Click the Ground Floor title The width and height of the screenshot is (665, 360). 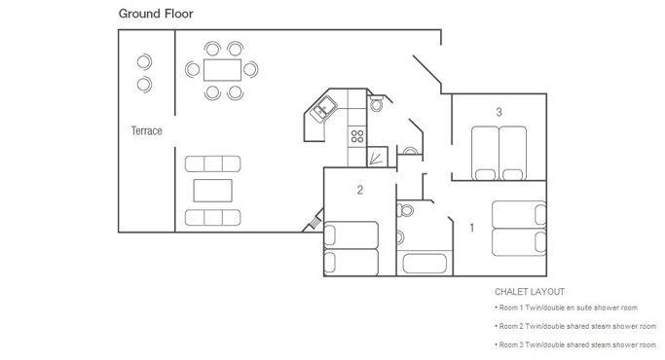[156, 14]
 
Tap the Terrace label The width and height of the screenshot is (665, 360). [146, 130]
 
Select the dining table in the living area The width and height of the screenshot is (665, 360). [222, 70]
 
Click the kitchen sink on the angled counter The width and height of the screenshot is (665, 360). [323, 109]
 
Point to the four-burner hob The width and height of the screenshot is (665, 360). [357, 136]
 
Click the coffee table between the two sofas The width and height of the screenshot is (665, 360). [213, 191]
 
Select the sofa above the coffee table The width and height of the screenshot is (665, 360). [213, 163]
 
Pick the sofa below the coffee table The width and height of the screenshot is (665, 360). [213, 218]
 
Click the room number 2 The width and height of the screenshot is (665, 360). [360, 190]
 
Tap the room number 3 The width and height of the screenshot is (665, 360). [499, 112]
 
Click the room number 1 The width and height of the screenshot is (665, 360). [471, 228]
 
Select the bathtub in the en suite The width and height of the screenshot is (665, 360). [425, 264]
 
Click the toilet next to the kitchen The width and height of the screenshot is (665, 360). [376, 103]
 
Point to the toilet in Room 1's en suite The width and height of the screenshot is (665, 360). [405, 210]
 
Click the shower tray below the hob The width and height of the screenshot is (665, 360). [377, 157]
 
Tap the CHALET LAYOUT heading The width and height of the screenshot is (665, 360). [530, 292]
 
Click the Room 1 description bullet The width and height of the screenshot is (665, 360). [567, 307]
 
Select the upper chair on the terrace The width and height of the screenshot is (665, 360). [144, 62]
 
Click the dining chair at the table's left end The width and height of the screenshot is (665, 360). [193, 69]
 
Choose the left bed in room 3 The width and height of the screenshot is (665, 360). [485, 153]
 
